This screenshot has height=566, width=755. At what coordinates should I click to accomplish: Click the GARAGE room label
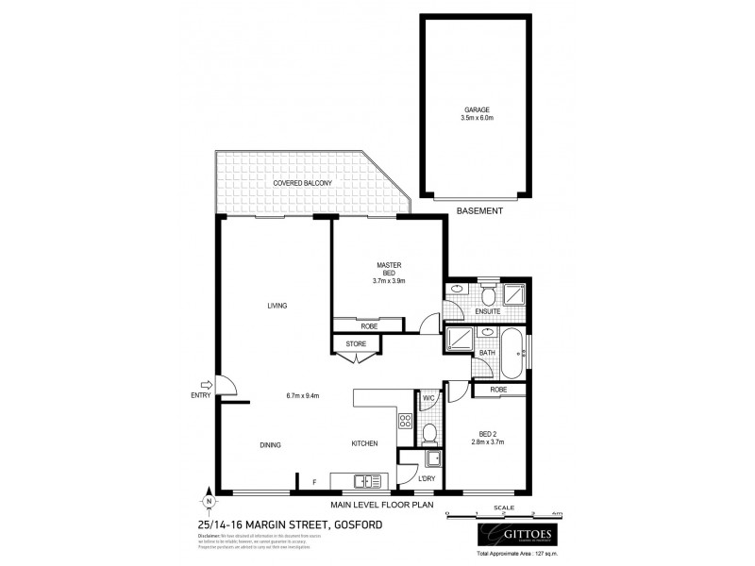[478, 109]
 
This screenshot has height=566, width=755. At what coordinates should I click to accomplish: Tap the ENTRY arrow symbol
[208, 384]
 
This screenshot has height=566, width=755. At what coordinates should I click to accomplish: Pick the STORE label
[356, 344]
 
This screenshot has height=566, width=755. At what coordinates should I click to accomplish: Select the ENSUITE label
[488, 310]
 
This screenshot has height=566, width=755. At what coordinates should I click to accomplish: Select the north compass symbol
[206, 500]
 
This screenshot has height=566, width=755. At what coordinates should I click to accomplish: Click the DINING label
[271, 444]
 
